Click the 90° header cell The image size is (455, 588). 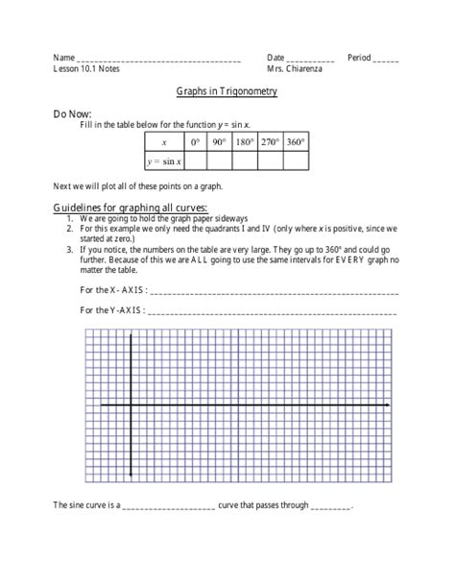218,142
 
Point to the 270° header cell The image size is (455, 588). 271,142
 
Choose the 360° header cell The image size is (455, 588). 297,142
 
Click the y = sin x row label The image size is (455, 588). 163,160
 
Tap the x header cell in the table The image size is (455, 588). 163,142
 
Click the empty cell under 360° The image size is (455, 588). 297,160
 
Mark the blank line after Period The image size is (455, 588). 386,61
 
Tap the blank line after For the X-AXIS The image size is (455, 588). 274,292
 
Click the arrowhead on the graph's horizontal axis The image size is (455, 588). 386,406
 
